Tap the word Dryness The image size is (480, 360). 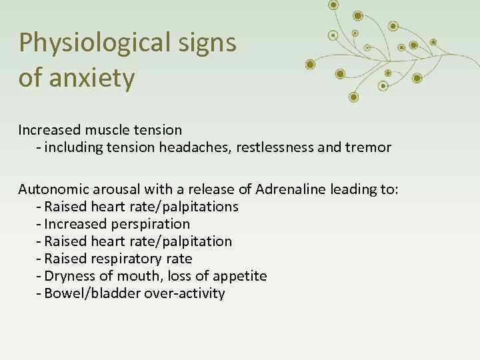click(69, 276)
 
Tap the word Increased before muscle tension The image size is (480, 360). click(49, 129)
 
